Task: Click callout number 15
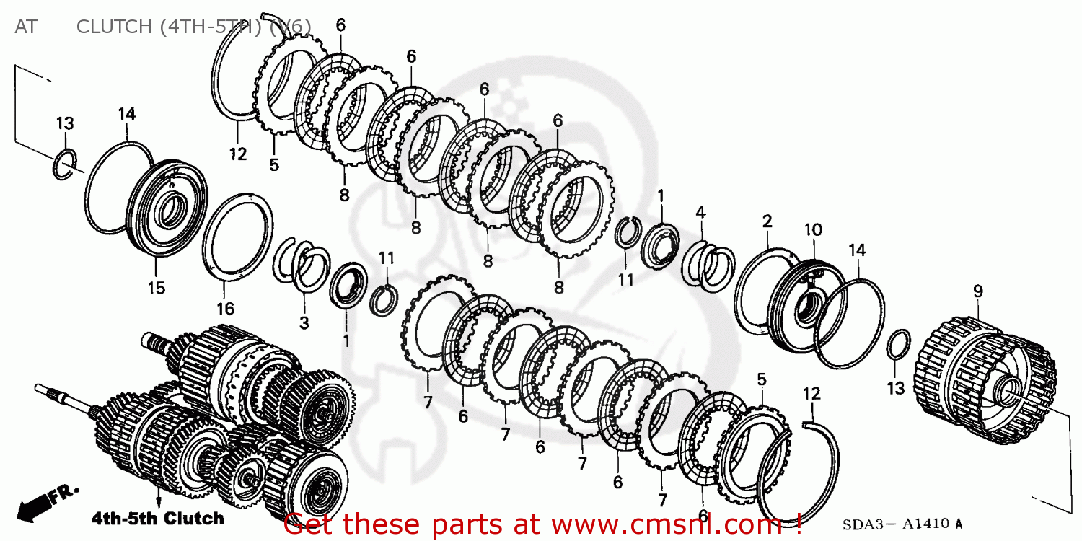(157, 288)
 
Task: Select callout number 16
(225, 309)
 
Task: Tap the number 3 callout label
(304, 322)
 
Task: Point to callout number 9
(977, 291)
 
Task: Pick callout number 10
(813, 229)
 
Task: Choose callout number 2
(767, 221)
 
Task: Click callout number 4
(700, 212)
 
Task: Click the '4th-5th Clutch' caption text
(157, 518)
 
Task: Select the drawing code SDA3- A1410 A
(902, 524)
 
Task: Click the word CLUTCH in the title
(113, 27)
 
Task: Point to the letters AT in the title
(25, 27)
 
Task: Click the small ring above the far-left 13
(65, 164)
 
